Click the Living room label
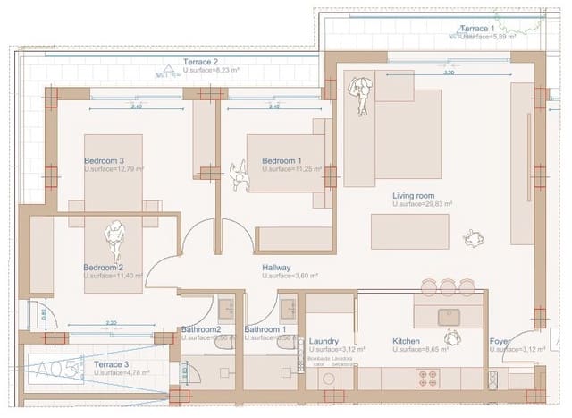413,196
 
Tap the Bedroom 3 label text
103,161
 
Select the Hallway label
276,268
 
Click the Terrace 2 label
201,62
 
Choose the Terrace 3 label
112,365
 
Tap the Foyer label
500,341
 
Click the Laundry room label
324,341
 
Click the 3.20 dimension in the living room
449,73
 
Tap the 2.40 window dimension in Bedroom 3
136,107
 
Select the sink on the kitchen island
448,316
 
